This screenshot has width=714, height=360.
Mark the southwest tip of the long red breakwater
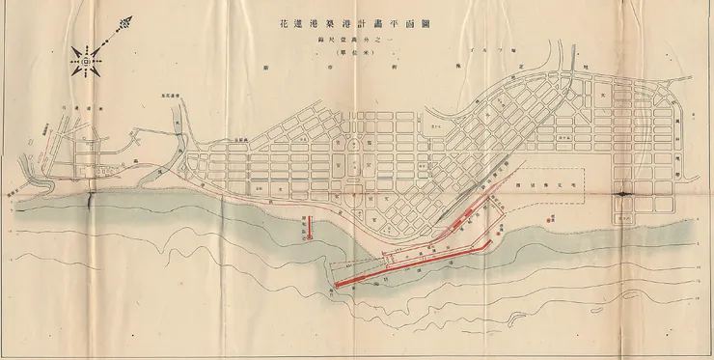337,285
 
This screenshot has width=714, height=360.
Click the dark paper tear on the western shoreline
91,200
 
